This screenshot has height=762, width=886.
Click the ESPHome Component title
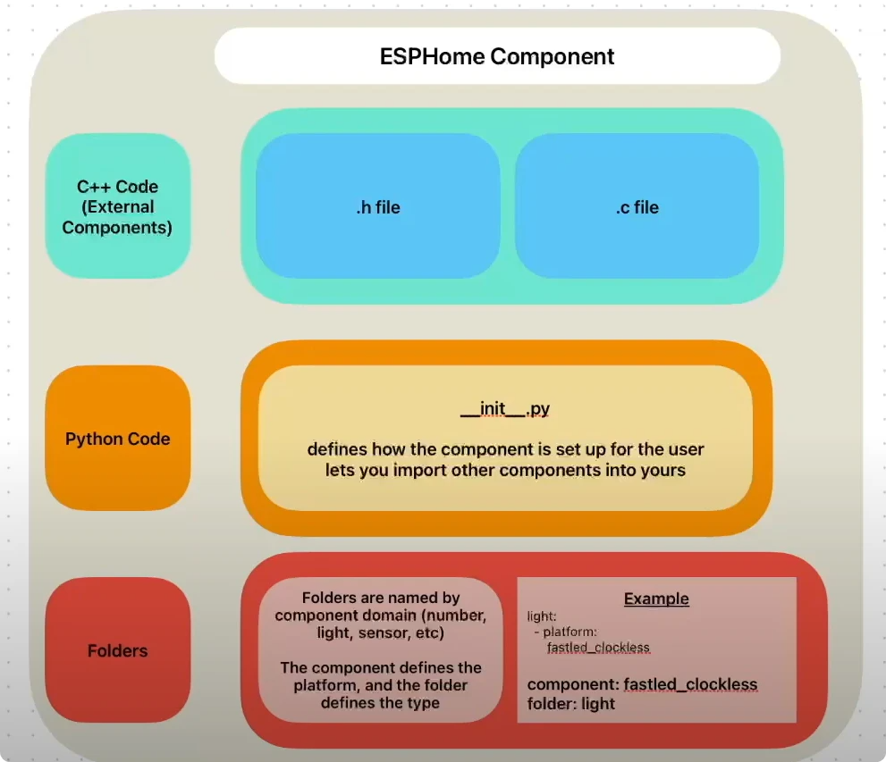[x=497, y=56]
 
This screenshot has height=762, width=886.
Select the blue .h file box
[x=376, y=207]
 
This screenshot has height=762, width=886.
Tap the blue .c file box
[x=637, y=207]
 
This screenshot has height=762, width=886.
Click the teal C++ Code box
[x=117, y=206]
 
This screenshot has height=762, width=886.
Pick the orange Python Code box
[x=117, y=439]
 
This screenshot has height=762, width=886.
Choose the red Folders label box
[x=117, y=650]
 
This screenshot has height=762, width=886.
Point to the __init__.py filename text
[x=505, y=409]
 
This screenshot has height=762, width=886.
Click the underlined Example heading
[x=656, y=599]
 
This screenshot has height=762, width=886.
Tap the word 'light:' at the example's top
[x=542, y=616]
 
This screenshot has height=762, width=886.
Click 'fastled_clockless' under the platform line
[x=598, y=647]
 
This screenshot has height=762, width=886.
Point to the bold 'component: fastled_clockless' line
[x=642, y=685]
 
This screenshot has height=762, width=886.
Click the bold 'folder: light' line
[x=571, y=703]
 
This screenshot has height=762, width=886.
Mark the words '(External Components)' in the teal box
[x=117, y=217]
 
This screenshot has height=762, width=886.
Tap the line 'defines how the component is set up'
[x=505, y=448]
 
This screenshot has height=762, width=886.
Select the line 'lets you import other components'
[x=505, y=469]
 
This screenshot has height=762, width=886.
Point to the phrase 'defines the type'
[x=381, y=702]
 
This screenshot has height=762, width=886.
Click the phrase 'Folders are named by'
[x=381, y=598]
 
